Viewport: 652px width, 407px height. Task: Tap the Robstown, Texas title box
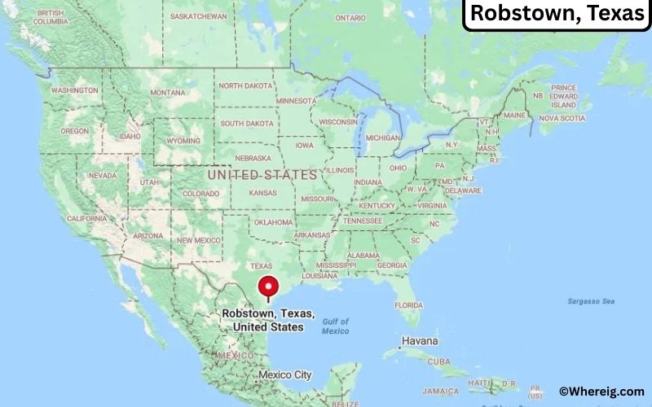(557, 14)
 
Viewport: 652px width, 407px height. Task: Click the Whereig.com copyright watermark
(602, 392)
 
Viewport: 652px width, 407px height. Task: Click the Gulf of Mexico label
(335, 326)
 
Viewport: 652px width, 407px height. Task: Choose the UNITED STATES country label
(262, 175)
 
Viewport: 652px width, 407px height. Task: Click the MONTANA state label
(167, 92)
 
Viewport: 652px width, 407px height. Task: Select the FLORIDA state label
(409, 305)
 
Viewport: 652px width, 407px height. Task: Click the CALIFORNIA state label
(86, 219)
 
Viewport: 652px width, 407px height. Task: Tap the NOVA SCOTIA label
(562, 118)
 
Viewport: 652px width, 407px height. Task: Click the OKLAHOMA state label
(273, 222)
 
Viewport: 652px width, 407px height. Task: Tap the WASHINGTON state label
(74, 90)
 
